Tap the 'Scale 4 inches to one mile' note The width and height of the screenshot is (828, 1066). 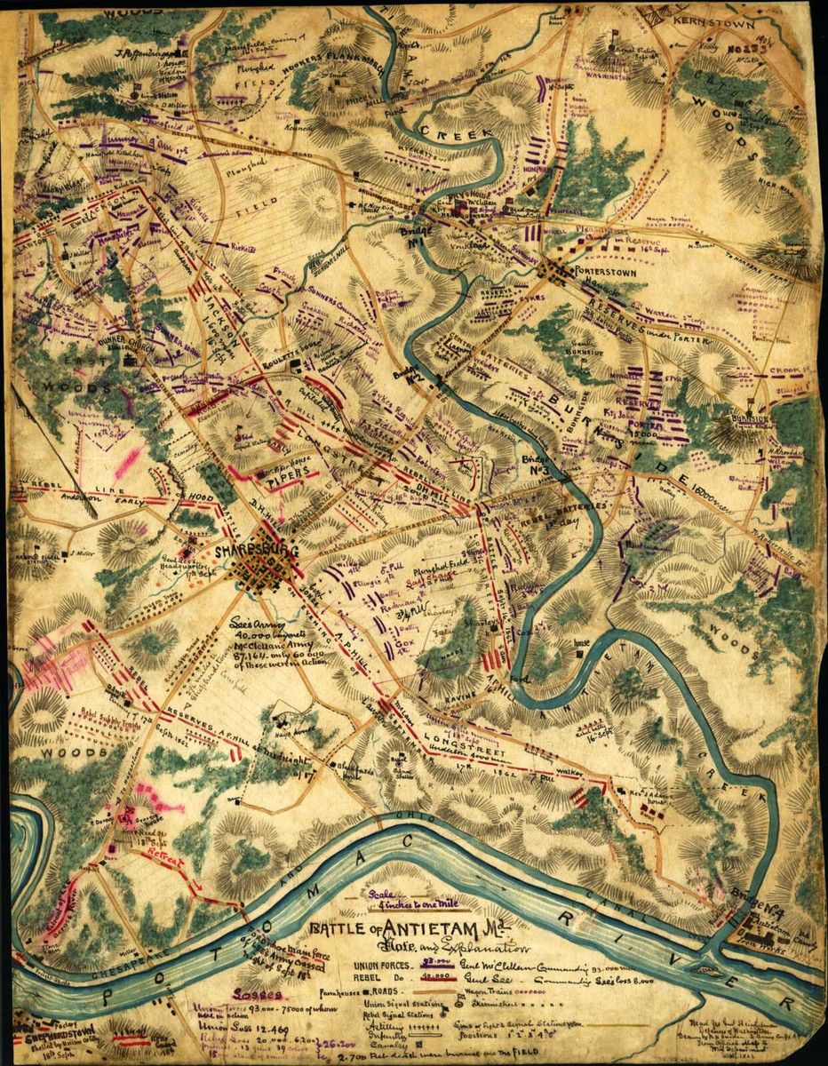point(399,903)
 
